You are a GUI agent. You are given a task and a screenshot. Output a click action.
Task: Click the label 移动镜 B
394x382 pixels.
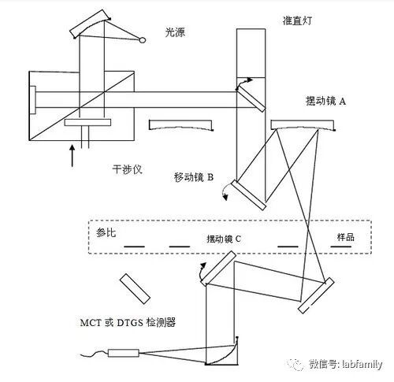pyautogui.click(x=194, y=176)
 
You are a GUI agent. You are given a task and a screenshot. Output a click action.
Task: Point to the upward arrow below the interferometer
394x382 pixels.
pyautogui.click(x=72, y=154)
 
